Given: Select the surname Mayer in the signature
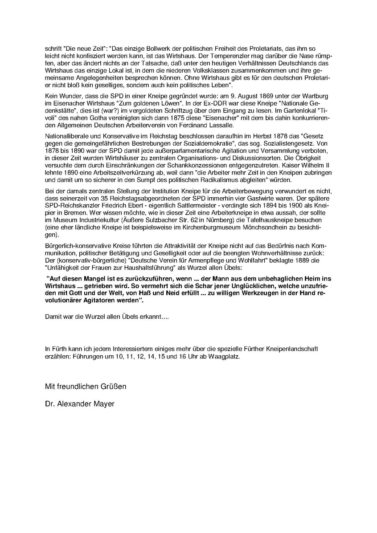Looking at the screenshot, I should pos(105,404).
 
